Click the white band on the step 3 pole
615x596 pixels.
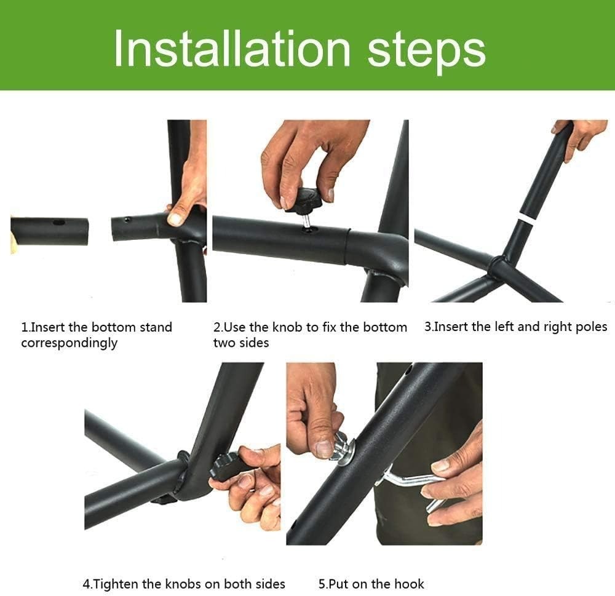[525, 218]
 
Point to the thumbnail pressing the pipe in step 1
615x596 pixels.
[175, 218]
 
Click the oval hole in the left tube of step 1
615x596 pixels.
[59, 223]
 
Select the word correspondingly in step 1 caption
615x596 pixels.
[69, 343]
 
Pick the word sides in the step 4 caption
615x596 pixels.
[269, 584]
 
